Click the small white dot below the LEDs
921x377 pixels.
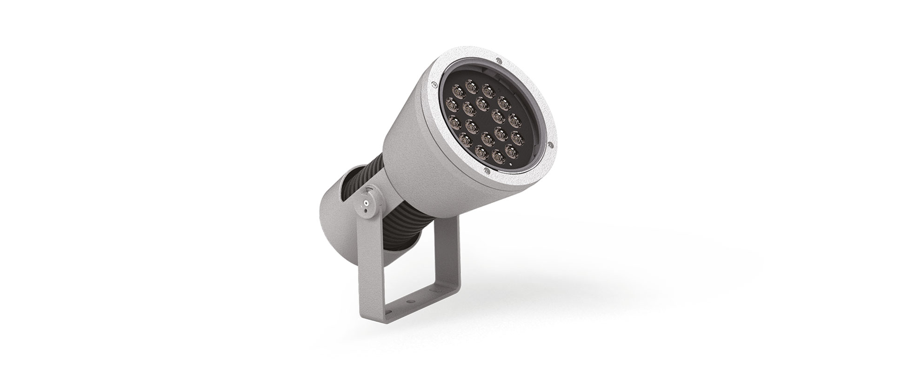point(510,164)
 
